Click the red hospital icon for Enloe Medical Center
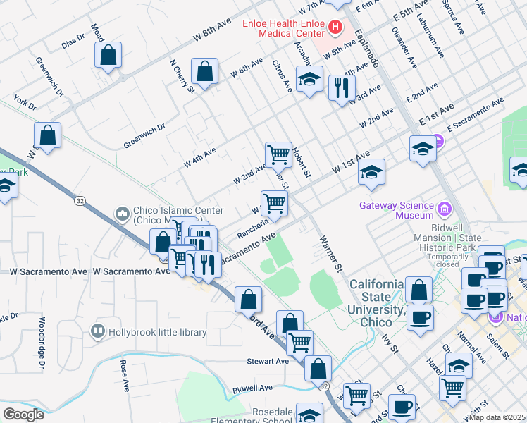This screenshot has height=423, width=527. [335, 28]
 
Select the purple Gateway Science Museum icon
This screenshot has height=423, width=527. [444, 209]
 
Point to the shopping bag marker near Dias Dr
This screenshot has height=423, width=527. [108, 56]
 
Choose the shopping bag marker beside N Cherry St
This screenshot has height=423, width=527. [204, 73]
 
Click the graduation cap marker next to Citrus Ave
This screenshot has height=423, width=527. [309, 80]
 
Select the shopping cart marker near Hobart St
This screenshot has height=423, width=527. [278, 154]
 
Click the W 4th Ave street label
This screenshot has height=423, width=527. [200, 157]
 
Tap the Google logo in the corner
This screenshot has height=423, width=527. [23, 415]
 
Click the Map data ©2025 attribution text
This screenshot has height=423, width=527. [497, 417]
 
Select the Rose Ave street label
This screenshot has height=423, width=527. [125, 376]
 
